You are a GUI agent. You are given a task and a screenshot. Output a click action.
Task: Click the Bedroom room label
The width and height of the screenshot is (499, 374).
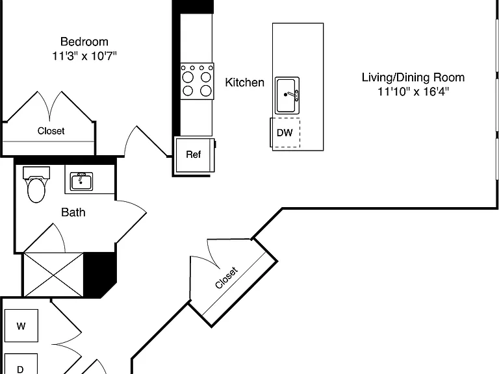[84, 42]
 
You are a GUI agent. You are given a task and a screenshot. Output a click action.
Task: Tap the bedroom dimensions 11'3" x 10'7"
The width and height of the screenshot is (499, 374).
[84, 56]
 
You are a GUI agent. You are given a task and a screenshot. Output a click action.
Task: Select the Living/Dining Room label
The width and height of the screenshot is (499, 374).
[413, 77]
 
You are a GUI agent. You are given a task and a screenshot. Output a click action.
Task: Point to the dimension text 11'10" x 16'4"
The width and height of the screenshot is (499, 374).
[413, 92]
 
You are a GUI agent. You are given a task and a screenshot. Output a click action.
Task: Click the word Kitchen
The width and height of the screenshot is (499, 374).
[244, 82]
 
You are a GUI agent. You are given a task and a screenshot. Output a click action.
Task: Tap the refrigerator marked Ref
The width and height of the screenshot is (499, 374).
[194, 155]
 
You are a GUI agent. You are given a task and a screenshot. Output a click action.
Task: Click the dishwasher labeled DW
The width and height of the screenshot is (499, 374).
[285, 132]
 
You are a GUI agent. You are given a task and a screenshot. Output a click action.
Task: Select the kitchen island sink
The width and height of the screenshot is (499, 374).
[287, 95]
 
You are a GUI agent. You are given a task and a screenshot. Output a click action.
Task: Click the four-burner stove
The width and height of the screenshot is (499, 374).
[197, 81]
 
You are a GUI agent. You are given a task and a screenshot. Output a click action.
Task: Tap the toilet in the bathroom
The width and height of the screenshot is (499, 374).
[36, 185]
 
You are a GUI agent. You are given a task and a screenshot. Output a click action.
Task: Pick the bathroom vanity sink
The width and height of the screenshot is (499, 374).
[81, 181]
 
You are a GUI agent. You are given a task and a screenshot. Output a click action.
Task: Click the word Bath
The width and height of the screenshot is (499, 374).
[73, 212]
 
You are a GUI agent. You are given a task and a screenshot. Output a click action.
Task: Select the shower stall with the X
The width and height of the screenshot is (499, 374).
[53, 275]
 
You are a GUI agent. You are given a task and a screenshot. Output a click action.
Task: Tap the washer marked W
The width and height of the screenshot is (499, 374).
[21, 326]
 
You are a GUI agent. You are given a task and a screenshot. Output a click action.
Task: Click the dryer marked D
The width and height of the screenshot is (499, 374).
[21, 364]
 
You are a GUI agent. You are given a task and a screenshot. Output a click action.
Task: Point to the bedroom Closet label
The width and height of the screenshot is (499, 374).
[51, 131]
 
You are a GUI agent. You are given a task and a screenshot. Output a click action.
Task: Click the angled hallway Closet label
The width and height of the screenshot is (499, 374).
[226, 278]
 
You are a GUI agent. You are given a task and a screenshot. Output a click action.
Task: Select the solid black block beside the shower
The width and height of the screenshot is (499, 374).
[99, 274]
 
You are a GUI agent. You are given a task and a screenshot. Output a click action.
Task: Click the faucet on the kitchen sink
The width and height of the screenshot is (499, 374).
[292, 95]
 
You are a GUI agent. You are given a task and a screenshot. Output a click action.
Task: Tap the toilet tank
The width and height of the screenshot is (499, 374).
[36, 172]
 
